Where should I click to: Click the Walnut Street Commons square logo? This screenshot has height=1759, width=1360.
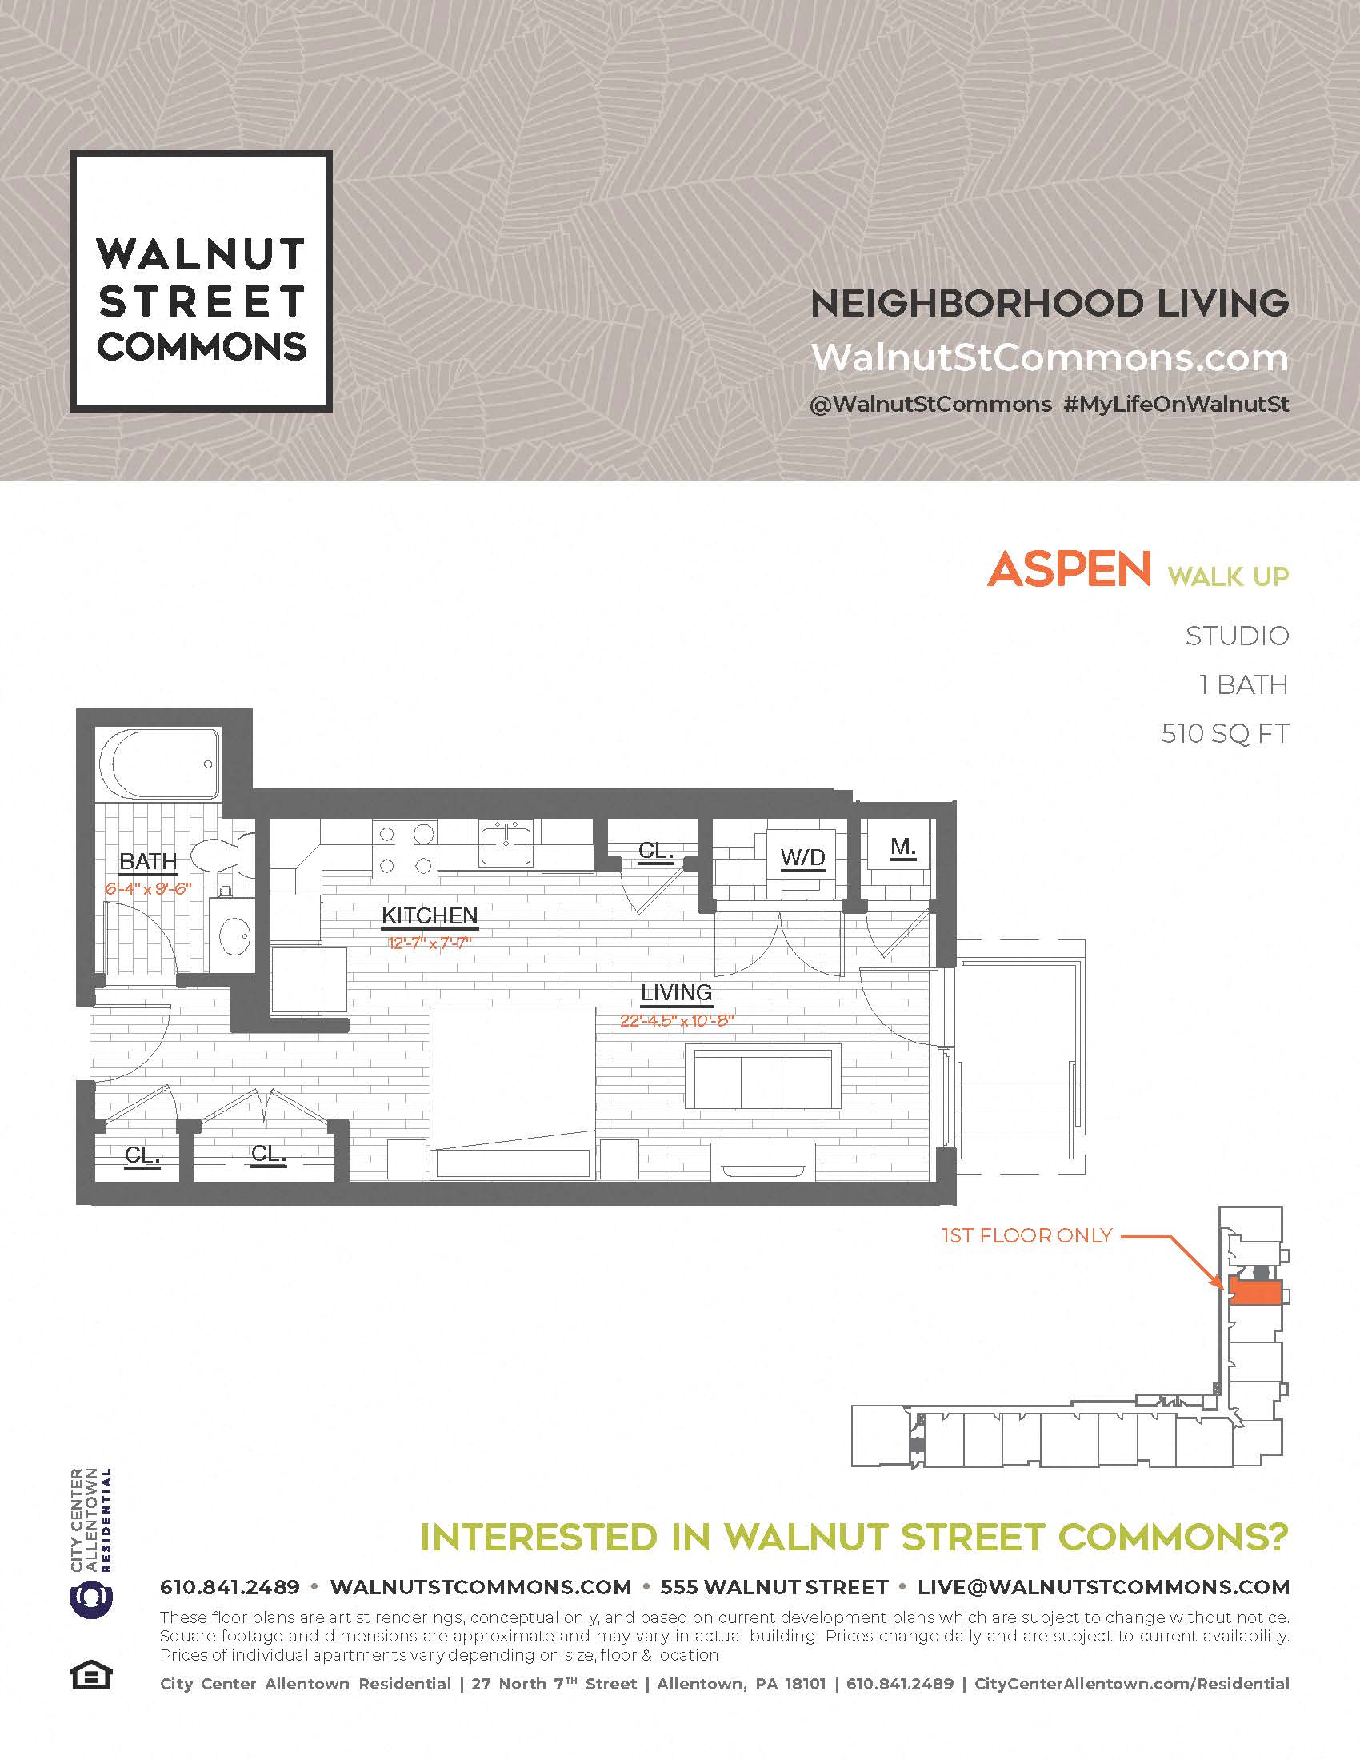click(x=201, y=281)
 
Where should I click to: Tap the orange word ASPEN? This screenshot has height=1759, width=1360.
click(x=1068, y=570)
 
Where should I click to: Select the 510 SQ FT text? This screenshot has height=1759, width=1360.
click(x=1224, y=734)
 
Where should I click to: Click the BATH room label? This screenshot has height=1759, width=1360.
click(x=148, y=862)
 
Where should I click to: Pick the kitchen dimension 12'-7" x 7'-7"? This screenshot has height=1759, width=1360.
click(x=430, y=943)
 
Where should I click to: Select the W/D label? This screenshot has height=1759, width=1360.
click(x=802, y=858)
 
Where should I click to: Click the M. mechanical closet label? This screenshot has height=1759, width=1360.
click(x=903, y=848)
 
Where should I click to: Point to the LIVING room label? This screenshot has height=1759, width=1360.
click(x=676, y=993)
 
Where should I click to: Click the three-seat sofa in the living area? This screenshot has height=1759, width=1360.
click(x=763, y=1077)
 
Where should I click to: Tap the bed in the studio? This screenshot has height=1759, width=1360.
click(x=513, y=1093)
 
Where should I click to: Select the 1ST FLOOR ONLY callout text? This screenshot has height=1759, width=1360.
click(x=1026, y=1235)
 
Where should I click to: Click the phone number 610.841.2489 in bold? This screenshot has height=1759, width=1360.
click(x=230, y=1586)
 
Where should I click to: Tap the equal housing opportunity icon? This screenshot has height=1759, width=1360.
click(x=91, y=1677)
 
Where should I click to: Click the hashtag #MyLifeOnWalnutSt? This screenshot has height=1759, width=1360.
click(x=1175, y=405)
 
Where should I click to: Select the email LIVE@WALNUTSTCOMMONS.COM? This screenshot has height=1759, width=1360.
click(x=1103, y=1586)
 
